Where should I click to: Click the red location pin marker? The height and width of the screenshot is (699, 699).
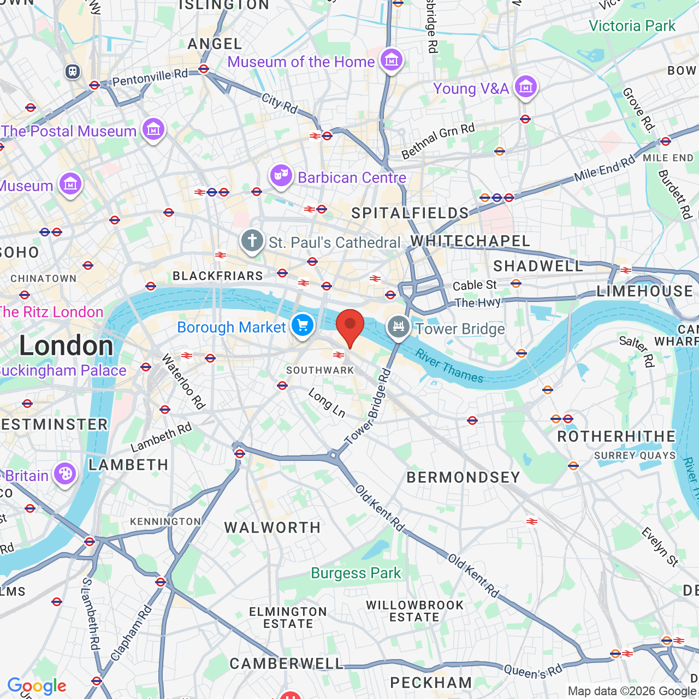349,325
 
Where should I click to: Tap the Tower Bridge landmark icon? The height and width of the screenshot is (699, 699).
399,327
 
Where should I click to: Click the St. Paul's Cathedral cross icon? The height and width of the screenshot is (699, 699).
252,240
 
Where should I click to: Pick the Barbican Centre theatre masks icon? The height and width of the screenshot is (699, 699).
281,176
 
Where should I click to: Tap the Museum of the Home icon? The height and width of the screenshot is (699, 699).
392,60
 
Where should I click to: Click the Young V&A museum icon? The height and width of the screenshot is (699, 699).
526,86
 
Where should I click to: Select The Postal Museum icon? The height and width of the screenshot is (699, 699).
153,129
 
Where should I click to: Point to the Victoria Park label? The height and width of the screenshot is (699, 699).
632,26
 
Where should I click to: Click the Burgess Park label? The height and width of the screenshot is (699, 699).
356,573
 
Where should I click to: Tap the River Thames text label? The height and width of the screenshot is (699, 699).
449,366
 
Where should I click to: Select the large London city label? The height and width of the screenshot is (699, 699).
66,345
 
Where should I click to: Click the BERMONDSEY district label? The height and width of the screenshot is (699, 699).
463,477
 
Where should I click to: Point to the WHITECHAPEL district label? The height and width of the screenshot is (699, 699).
470,241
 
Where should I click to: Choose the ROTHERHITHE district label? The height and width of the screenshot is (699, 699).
617,436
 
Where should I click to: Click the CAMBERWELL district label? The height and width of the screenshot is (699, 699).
287,664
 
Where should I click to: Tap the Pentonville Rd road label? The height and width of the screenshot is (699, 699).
150,78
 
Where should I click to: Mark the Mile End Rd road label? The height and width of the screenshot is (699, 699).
605,168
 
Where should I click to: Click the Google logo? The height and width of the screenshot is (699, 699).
37,686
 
